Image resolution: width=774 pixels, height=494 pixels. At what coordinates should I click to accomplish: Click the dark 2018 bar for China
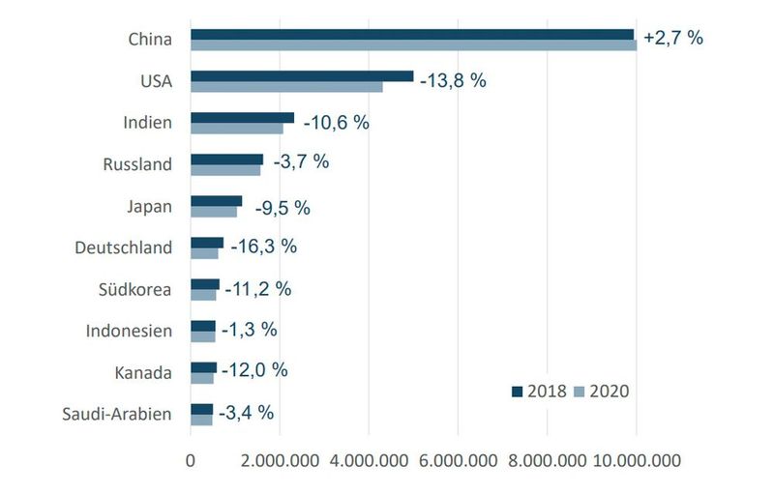(x=411, y=34)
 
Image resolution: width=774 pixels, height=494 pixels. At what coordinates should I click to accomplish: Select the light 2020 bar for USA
(x=286, y=87)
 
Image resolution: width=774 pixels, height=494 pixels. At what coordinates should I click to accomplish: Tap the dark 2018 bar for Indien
(x=242, y=117)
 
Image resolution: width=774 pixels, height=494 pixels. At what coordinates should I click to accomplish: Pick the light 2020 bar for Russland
(x=225, y=170)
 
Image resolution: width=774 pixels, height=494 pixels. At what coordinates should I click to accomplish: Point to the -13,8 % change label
(x=453, y=80)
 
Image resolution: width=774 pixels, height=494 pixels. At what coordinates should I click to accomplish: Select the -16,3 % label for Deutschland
(x=263, y=246)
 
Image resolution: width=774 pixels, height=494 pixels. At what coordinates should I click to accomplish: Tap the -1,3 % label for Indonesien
(x=250, y=329)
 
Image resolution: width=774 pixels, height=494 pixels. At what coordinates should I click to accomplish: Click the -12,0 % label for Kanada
(x=254, y=370)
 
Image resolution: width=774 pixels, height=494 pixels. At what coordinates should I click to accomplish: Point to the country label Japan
(x=150, y=206)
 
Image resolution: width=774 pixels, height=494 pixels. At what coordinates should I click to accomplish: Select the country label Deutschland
(x=124, y=247)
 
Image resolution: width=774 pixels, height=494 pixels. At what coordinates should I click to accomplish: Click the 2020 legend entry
(x=602, y=391)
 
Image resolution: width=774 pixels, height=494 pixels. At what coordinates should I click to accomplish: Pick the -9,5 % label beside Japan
(x=283, y=207)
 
